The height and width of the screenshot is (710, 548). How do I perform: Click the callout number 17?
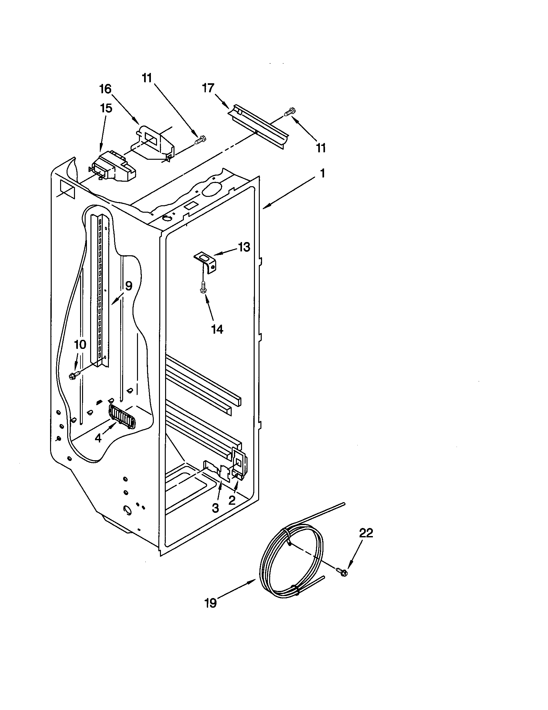pos(208,88)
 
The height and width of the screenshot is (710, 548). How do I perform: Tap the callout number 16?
pos(105,89)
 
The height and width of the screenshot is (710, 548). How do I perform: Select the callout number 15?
pos(106,108)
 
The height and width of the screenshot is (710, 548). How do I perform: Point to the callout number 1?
pos(322,174)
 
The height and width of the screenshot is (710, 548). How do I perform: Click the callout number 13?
pos(244,247)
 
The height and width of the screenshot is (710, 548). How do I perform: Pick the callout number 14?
pos(217,329)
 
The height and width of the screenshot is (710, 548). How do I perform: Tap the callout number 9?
pos(128,286)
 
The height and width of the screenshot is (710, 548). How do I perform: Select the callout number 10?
pos(80,344)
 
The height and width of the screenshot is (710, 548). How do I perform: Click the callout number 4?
pos(98,438)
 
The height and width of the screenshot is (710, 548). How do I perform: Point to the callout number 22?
pos(366,533)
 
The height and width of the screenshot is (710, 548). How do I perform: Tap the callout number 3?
pos(215,508)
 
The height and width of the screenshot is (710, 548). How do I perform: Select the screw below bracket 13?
pos(204,287)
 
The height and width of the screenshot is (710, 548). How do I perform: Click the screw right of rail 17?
pos(290,112)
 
